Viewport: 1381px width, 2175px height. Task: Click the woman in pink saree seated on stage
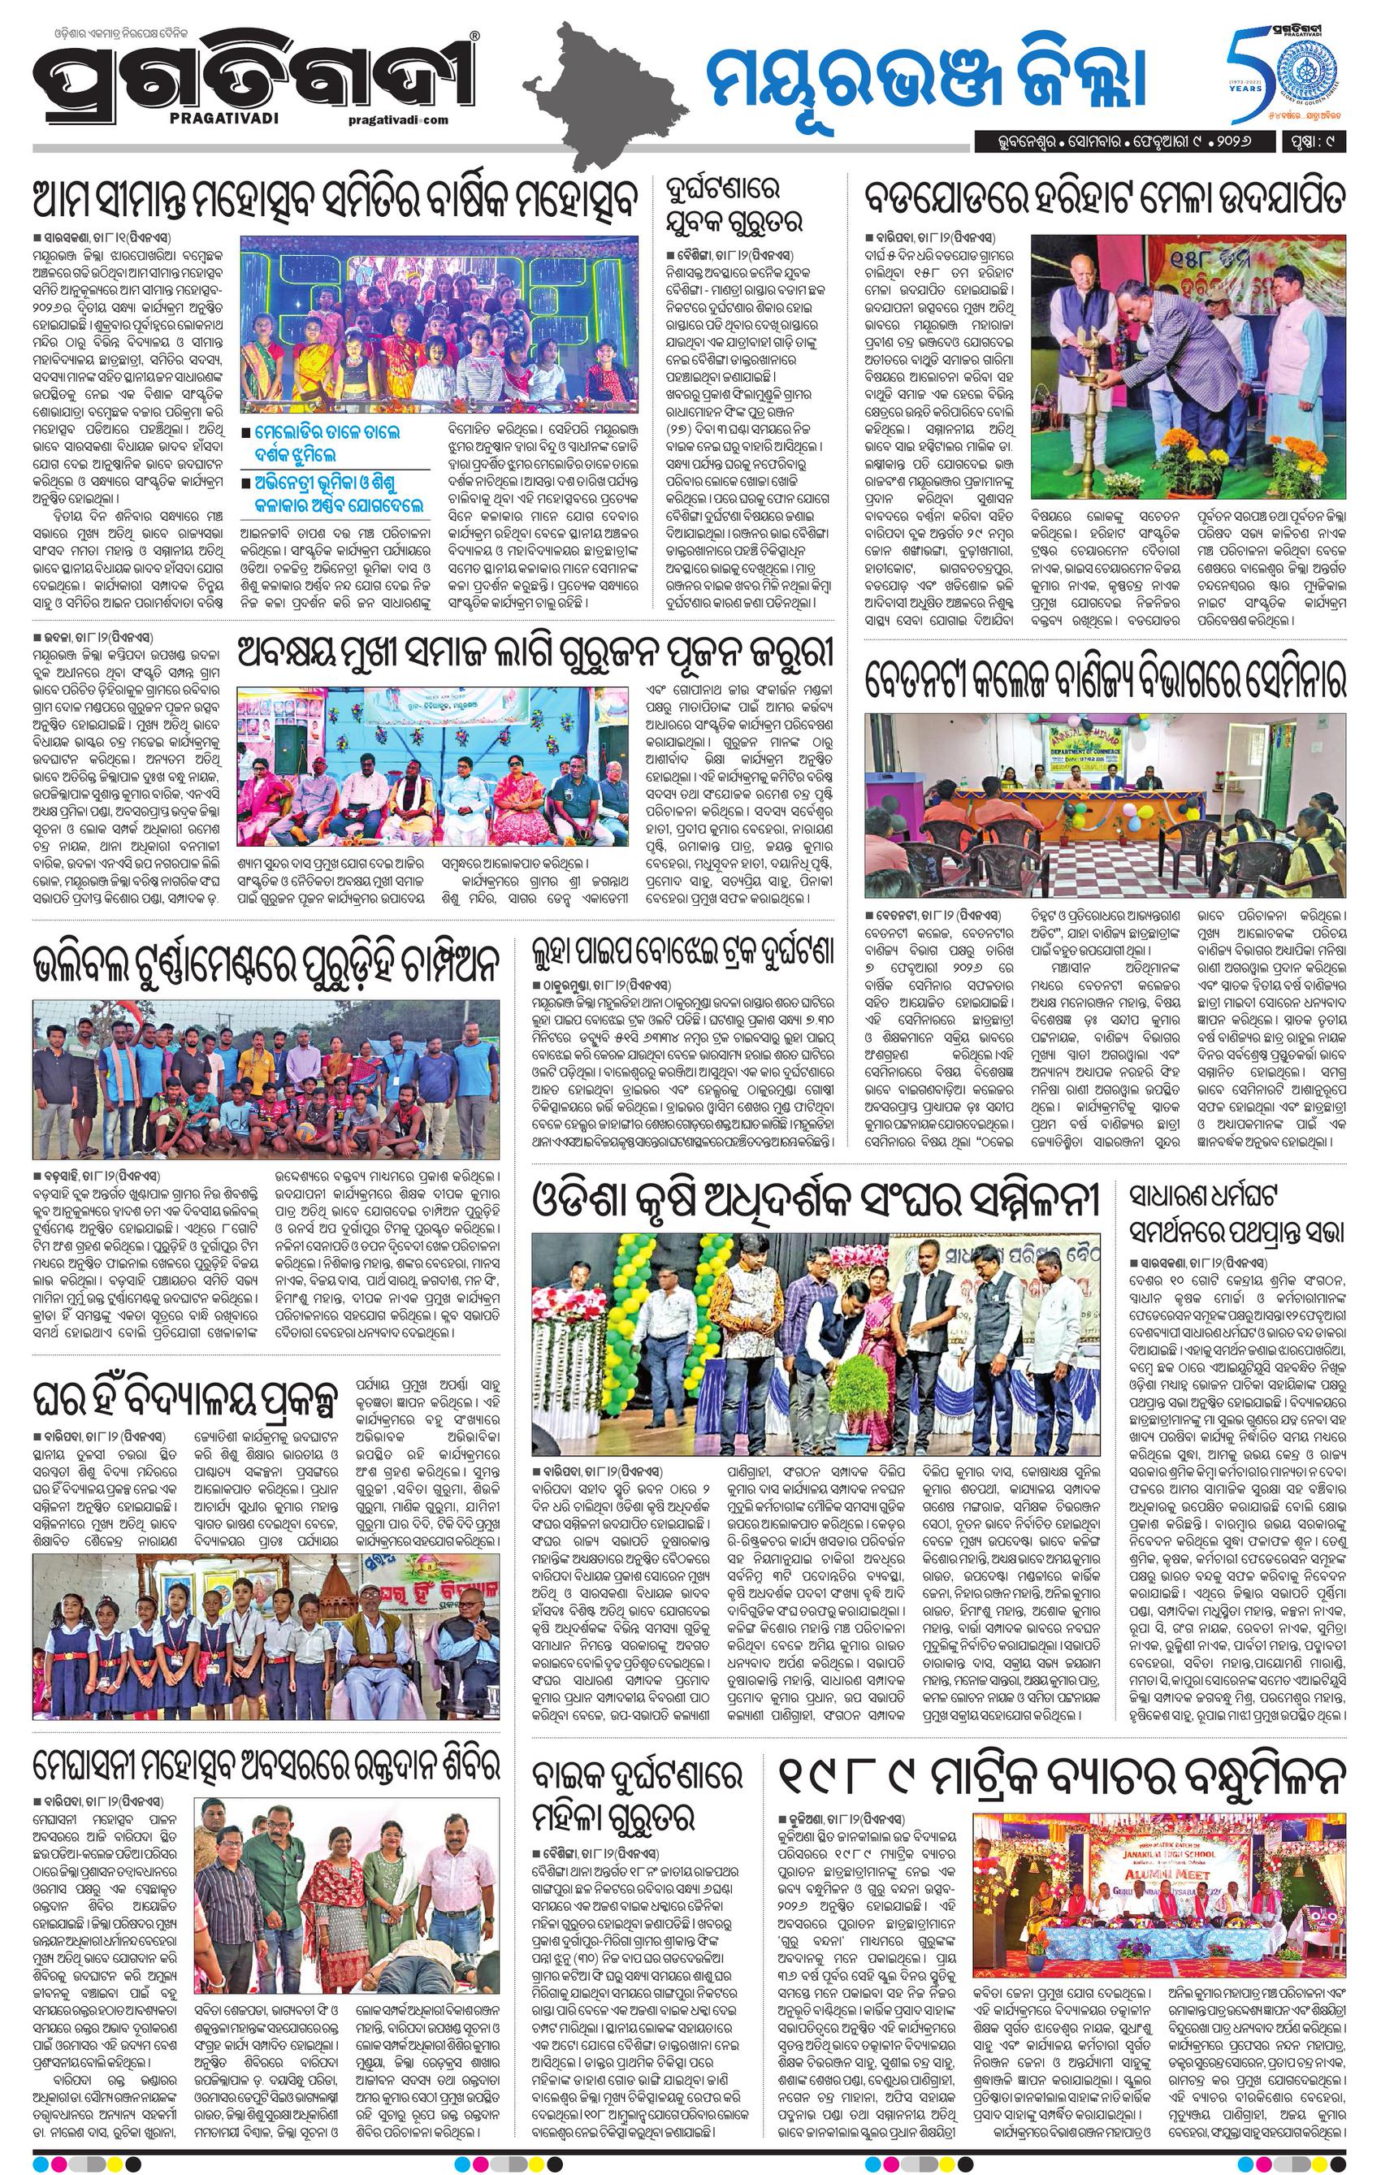[514, 786]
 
